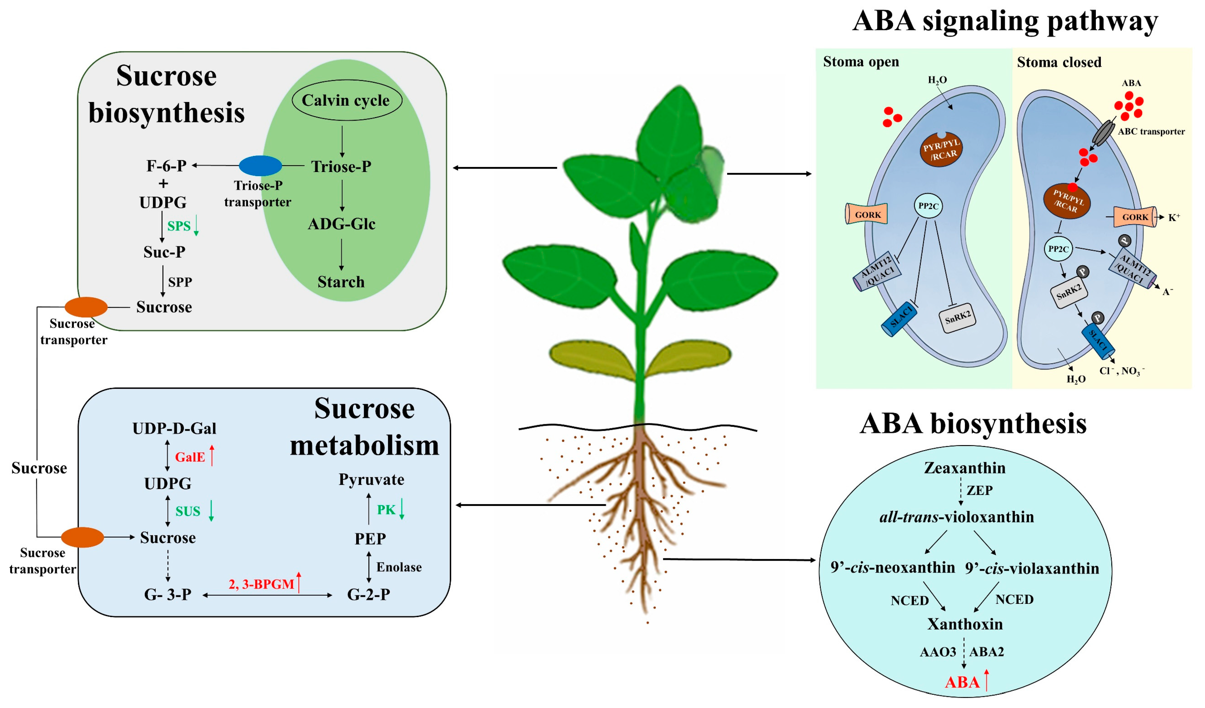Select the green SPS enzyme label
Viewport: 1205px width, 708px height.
click(179, 226)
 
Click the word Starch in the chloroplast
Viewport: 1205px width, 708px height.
click(341, 282)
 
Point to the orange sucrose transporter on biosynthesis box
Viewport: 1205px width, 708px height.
click(86, 307)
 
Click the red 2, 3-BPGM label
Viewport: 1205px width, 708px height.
click(261, 584)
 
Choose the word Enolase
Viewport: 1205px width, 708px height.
click(399, 567)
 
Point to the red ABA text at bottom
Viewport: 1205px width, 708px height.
click(961, 682)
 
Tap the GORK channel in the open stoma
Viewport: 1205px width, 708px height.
click(867, 214)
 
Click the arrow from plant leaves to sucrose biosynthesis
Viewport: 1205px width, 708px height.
click(504, 168)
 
